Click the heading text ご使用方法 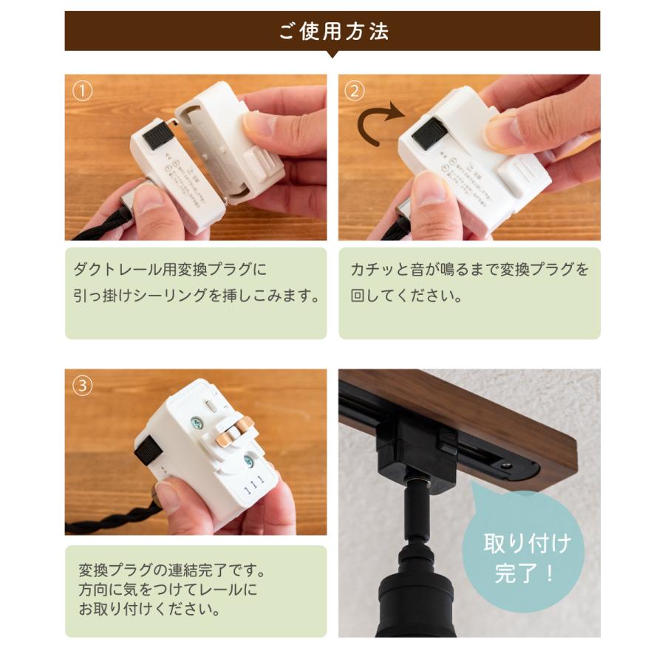point(332,31)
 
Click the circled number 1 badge point(83,91)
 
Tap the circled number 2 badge point(355,91)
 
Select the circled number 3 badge point(83,386)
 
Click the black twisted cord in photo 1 point(96,231)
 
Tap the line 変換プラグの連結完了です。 point(171,571)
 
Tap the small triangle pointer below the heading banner point(332,54)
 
